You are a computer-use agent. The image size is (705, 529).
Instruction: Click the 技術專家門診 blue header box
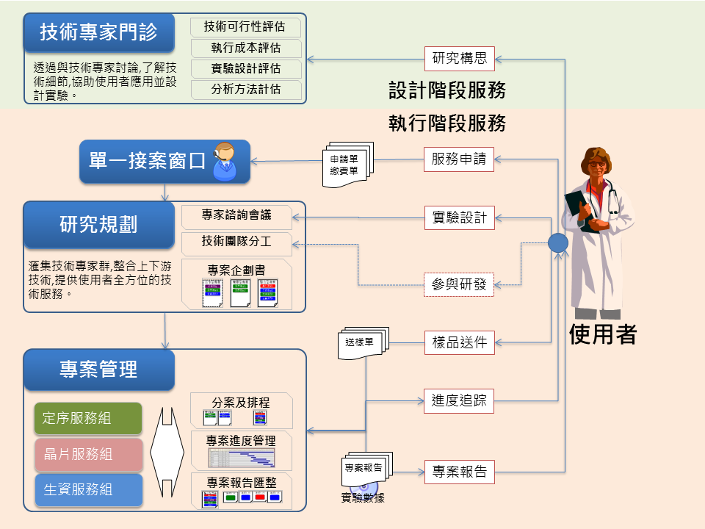tap(98, 32)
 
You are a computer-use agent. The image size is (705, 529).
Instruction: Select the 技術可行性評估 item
tap(245, 27)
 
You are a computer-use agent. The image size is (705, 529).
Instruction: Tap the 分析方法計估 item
tap(245, 90)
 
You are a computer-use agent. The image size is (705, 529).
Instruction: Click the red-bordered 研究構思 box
tap(459, 58)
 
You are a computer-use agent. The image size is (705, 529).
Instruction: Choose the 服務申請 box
tap(459, 159)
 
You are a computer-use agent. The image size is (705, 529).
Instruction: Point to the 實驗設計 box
tap(459, 217)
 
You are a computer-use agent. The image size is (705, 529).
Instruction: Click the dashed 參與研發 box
tap(459, 284)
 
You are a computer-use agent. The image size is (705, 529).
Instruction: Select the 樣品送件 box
tap(459, 342)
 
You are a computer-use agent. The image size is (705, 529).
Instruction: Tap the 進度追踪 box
tap(459, 400)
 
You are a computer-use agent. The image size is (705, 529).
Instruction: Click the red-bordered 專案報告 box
tap(459, 472)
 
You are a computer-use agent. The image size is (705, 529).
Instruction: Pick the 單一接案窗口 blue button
tap(147, 161)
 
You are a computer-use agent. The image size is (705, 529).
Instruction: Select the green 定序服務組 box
tap(87, 418)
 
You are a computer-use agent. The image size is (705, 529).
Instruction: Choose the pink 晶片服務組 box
tap(87, 454)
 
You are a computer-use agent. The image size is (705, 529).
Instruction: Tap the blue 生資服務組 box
tap(87, 489)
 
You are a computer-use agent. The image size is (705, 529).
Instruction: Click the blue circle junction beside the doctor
tap(558, 242)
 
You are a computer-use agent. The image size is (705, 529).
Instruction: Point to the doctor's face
tap(596, 162)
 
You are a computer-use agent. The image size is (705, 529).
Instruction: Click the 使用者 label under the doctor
tap(602, 334)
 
